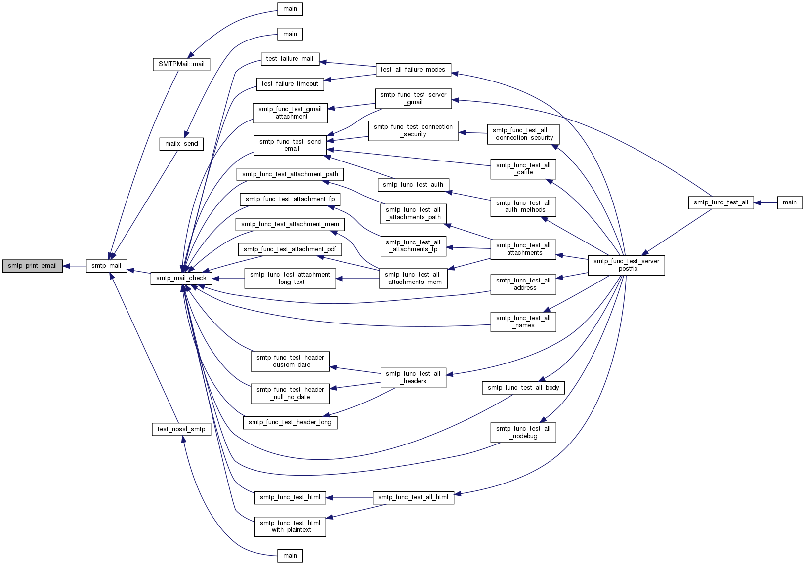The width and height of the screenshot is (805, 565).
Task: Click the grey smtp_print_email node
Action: tap(32, 266)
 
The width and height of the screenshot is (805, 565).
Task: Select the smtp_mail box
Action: tap(106, 266)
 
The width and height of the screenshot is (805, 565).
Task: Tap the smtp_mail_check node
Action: tap(181, 279)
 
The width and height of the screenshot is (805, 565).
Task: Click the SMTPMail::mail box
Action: tap(181, 64)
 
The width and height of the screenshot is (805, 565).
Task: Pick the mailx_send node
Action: tap(181, 144)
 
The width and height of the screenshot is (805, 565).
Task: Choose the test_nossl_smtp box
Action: tap(181, 430)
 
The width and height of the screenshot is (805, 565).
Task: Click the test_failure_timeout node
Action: tap(290, 84)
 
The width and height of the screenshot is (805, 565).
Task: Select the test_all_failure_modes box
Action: tap(413, 70)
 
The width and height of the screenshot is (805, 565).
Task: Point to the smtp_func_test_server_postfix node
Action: tap(626, 265)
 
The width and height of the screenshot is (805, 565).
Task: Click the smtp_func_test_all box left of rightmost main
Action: tap(720, 203)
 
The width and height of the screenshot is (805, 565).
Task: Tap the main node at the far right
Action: tap(790, 203)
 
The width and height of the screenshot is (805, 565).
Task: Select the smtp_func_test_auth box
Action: tap(413, 185)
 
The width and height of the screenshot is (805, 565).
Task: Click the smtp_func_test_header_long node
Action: tap(290, 422)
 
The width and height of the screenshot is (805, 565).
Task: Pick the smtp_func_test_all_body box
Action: tap(523, 388)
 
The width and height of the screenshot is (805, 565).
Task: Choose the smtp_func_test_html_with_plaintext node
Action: tap(290, 526)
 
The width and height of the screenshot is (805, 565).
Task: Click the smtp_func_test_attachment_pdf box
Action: tap(290, 249)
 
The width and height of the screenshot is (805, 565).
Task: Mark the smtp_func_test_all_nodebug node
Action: tap(523, 433)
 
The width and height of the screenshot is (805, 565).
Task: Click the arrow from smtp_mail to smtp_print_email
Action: tap(75, 266)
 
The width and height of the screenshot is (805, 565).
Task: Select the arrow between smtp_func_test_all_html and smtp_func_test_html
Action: tap(349, 498)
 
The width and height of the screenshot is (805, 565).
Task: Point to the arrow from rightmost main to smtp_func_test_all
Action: tap(765, 203)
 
